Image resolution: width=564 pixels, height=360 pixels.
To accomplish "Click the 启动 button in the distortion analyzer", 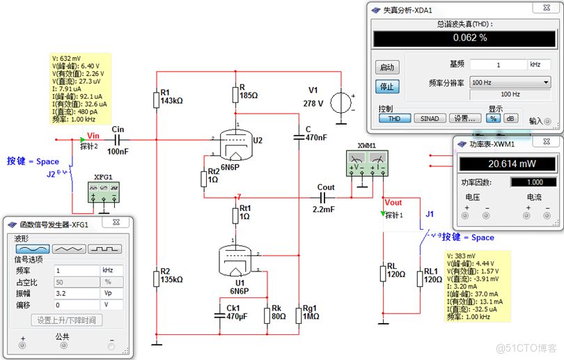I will (387, 68).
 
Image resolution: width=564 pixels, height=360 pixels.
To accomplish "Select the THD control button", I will (395, 118).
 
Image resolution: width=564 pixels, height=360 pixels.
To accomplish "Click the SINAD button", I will (430, 118).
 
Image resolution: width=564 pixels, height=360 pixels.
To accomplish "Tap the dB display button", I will (511, 118).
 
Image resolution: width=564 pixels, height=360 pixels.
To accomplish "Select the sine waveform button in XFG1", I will (33, 249).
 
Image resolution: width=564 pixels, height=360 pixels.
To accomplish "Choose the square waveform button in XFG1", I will (104, 249).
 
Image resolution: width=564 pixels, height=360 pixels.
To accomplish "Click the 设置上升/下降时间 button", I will (68, 320).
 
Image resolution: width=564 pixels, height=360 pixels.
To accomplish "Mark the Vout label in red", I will (393, 202).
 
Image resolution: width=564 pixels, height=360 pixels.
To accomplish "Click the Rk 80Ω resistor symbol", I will (265, 314).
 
